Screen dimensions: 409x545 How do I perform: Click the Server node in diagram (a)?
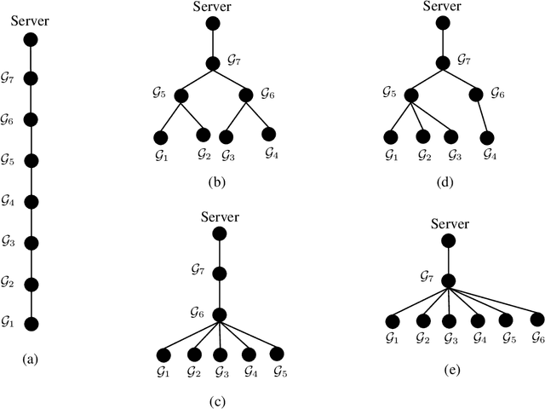[x=32, y=38]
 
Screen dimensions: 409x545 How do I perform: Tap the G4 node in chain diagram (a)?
[x=32, y=202]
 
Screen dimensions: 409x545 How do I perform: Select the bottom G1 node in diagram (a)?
[x=32, y=324]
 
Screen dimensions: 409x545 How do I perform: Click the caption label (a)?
[x=32, y=360]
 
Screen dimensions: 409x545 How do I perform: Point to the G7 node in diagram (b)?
[x=213, y=63]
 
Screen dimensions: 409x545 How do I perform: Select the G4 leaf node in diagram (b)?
[x=269, y=134]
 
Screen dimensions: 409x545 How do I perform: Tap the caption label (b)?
[x=213, y=180]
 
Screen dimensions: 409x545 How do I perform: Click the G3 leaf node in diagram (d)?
[x=451, y=136]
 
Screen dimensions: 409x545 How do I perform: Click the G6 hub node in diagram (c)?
[x=219, y=314]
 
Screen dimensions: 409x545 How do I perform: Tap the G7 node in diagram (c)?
[x=219, y=274]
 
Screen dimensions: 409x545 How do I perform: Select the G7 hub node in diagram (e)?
[x=449, y=280]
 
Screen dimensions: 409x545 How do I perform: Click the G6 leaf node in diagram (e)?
[x=537, y=320]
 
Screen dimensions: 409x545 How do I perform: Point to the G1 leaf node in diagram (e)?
[x=392, y=321]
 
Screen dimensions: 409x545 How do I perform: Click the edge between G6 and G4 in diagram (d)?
[x=482, y=116]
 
